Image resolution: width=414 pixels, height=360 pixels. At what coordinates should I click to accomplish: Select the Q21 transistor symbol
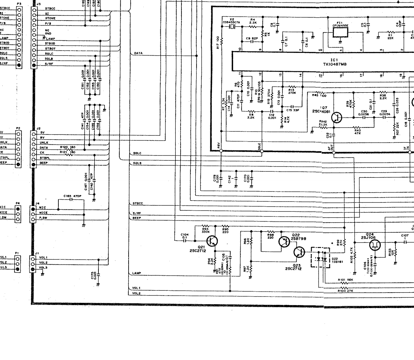tap(212, 240)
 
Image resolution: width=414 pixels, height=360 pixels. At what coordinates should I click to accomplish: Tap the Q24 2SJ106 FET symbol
tap(374, 245)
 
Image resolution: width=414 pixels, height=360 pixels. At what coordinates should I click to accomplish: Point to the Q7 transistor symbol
tap(337, 117)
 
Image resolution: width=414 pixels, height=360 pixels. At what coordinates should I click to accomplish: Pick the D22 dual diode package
tap(321, 257)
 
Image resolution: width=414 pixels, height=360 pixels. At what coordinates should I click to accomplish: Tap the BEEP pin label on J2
tap(44, 163)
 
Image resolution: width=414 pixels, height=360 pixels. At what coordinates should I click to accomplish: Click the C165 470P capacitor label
tap(72, 196)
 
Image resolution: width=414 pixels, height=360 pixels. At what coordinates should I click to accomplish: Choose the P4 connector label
tap(18, 203)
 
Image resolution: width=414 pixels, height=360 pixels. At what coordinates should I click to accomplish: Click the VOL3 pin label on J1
tap(43, 268)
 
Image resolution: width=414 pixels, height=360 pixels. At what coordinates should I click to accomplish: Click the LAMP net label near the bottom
tap(136, 273)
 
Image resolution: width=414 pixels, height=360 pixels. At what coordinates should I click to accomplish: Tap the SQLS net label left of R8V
tap(137, 163)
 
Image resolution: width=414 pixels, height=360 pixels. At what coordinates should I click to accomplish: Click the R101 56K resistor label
tap(345, 280)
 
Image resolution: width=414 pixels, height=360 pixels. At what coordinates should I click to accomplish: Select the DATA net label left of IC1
tap(138, 53)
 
